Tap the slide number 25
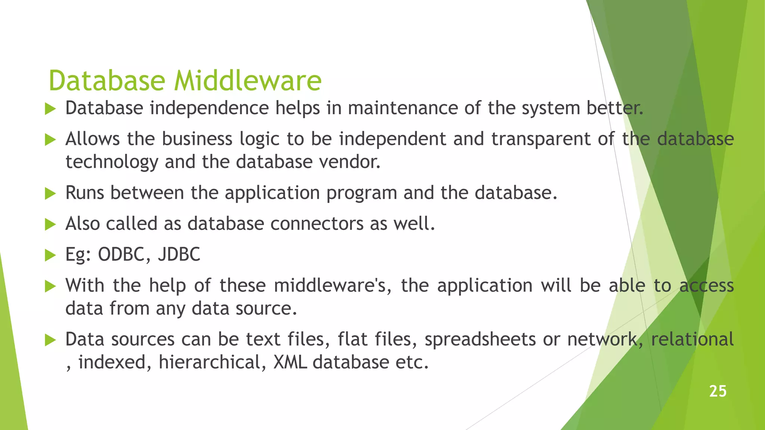click(718, 391)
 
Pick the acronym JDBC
click(179, 255)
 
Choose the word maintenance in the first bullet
click(403, 109)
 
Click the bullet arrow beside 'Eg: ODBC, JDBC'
click(50, 255)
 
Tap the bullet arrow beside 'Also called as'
click(50, 224)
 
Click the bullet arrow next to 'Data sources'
click(50, 340)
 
